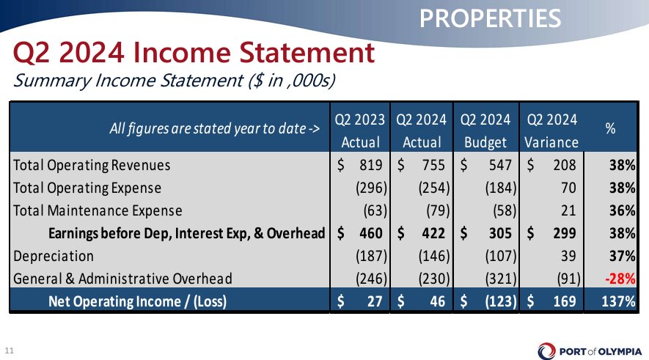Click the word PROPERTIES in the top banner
(x=490, y=18)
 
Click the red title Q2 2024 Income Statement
(x=194, y=53)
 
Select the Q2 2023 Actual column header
(x=359, y=131)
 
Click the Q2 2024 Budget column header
(x=485, y=131)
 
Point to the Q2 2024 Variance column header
(x=551, y=131)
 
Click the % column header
(x=611, y=129)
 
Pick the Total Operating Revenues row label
(x=92, y=165)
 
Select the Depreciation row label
(x=54, y=256)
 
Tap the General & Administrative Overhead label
(x=122, y=279)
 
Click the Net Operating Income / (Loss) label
(x=137, y=301)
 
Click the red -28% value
(x=620, y=279)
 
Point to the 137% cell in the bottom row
(x=618, y=301)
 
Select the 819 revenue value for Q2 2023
(x=371, y=165)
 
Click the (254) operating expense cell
(x=434, y=188)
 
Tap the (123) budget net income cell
(x=501, y=301)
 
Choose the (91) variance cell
(x=568, y=279)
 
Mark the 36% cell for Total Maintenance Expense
(x=622, y=210)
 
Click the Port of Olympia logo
(x=590, y=351)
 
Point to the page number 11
(x=9, y=351)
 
